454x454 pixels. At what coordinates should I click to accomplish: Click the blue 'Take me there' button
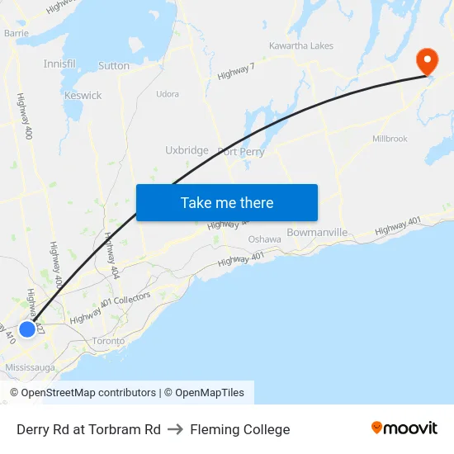pyautogui.click(x=227, y=203)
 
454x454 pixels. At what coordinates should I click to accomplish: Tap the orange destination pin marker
pyautogui.click(x=427, y=60)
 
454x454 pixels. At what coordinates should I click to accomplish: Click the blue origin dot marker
pyautogui.click(x=27, y=329)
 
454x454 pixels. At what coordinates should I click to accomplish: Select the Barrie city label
pyautogui.click(x=16, y=33)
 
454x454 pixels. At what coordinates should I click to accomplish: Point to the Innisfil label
pyautogui.click(x=59, y=64)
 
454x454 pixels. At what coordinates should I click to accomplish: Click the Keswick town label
pyautogui.click(x=83, y=96)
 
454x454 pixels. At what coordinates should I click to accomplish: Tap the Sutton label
pyautogui.click(x=114, y=66)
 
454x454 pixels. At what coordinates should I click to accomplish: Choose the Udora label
pyautogui.click(x=168, y=94)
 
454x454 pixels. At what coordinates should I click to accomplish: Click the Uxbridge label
pyautogui.click(x=187, y=150)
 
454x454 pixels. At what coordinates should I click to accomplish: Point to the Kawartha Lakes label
pyautogui.click(x=301, y=46)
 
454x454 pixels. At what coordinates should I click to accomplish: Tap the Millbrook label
pyautogui.click(x=390, y=139)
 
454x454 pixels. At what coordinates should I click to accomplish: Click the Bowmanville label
pyautogui.click(x=317, y=233)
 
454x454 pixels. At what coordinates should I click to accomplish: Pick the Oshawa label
pyautogui.click(x=265, y=239)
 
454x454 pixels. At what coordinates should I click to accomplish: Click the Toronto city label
pyautogui.click(x=108, y=341)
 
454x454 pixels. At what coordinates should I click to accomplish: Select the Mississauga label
pyautogui.click(x=31, y=367)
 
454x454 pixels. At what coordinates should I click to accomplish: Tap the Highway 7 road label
pyautogui.click(x=236, y=72)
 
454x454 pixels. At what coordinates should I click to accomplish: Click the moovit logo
pyautogui.click(x=404, y=428)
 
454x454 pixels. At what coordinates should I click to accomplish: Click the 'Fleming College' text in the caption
pyautogui.click(x=240, y=429)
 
